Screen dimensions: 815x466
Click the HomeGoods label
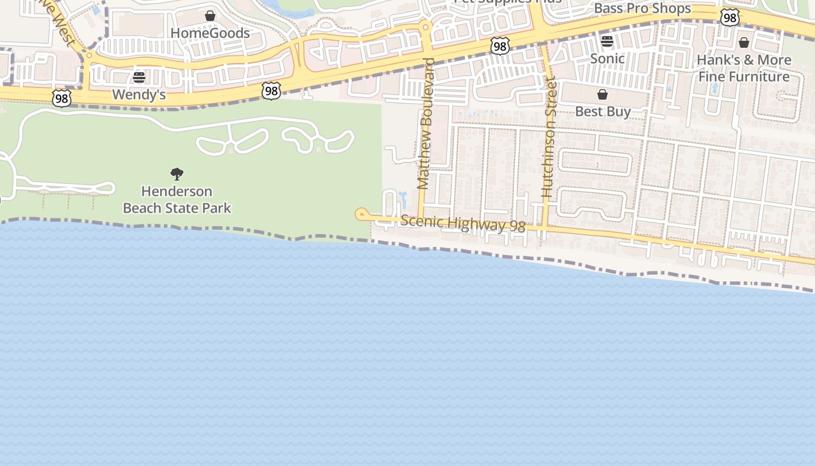coord(210,33)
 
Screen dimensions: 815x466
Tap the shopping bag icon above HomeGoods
coord(210,16)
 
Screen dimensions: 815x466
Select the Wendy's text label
coord(139,94)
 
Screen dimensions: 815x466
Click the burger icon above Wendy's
coord(139,77)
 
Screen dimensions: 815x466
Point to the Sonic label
coord(607,58)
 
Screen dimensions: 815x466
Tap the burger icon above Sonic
coord(607,41)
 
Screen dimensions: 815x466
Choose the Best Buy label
coord(603,111)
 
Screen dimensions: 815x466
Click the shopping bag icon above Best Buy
coord(603,94)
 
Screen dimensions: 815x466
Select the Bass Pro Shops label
coord(642,9)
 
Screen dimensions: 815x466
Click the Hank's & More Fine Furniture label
coord(743,68)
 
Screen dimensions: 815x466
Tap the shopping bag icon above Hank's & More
coord(743,43)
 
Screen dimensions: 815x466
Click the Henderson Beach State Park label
coord(177,199)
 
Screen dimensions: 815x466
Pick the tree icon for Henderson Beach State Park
coord(177,174)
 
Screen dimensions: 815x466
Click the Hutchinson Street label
coord(548,137)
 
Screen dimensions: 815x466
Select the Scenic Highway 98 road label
coord(463,224)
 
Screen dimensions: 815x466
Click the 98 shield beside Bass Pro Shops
coord(729,18)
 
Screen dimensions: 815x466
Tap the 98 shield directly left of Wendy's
coord(61,98)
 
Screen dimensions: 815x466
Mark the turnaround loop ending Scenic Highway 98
coord(361,214)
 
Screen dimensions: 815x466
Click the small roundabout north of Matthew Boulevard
coord(426,27)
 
